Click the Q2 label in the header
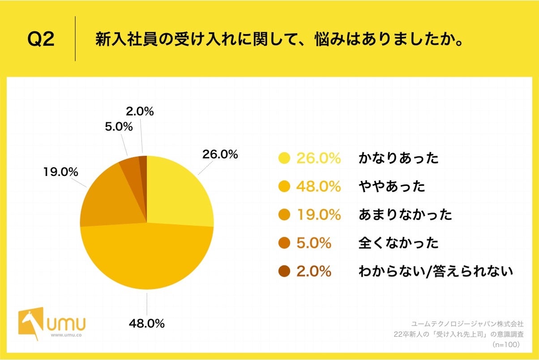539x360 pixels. click(x=41, y=40)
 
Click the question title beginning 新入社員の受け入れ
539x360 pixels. click(x=278, y=40)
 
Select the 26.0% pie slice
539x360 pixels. click(x=179, y=193)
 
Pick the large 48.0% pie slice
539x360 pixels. click(x=148, y=260)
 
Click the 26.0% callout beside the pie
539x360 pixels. click(x=219, y=154)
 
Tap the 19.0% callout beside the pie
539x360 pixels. click(x=61, y=171)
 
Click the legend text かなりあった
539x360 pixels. click(x=398, y=158)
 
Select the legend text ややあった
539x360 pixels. click(x=392, y=186)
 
